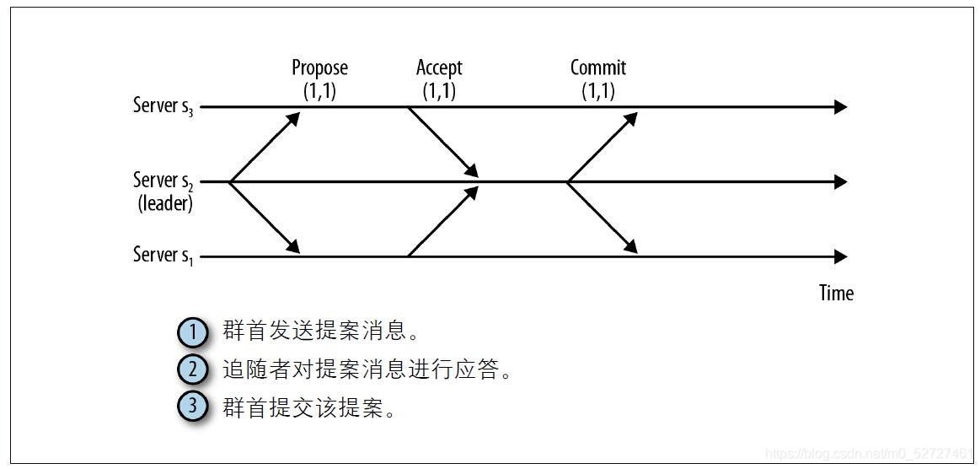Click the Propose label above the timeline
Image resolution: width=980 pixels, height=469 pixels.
point(319,67)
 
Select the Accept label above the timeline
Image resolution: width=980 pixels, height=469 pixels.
point(439,67)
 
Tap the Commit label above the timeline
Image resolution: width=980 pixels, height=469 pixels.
point(598,67)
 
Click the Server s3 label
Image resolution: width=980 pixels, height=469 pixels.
point(163,106)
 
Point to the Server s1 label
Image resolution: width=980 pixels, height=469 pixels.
point(163,255)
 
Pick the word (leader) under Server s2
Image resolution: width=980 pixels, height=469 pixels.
point(165,203)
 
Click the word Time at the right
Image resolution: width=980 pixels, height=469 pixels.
point(836,293)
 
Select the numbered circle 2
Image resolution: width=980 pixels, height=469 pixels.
point(193,369)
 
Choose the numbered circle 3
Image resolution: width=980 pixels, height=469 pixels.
point(193,406)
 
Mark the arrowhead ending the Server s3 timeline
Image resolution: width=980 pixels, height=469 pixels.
point(839,107)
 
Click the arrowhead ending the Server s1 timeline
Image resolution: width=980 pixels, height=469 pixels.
point(839,256)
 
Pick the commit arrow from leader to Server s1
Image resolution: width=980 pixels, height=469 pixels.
point(602,218)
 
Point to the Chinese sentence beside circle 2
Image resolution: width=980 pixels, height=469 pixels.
point(367,370)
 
